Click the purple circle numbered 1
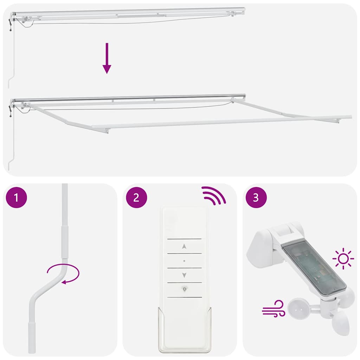coord(17,198)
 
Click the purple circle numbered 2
coord(136,198)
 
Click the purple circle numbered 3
coord(256,198)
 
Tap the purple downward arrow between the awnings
coord(107,58)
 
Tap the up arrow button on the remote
coord(184,246)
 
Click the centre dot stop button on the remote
coord(184,261)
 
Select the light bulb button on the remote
coord(184,289)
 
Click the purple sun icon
coord(343,259)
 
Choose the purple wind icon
coord(273,309)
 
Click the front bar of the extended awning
coord(221,122)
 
